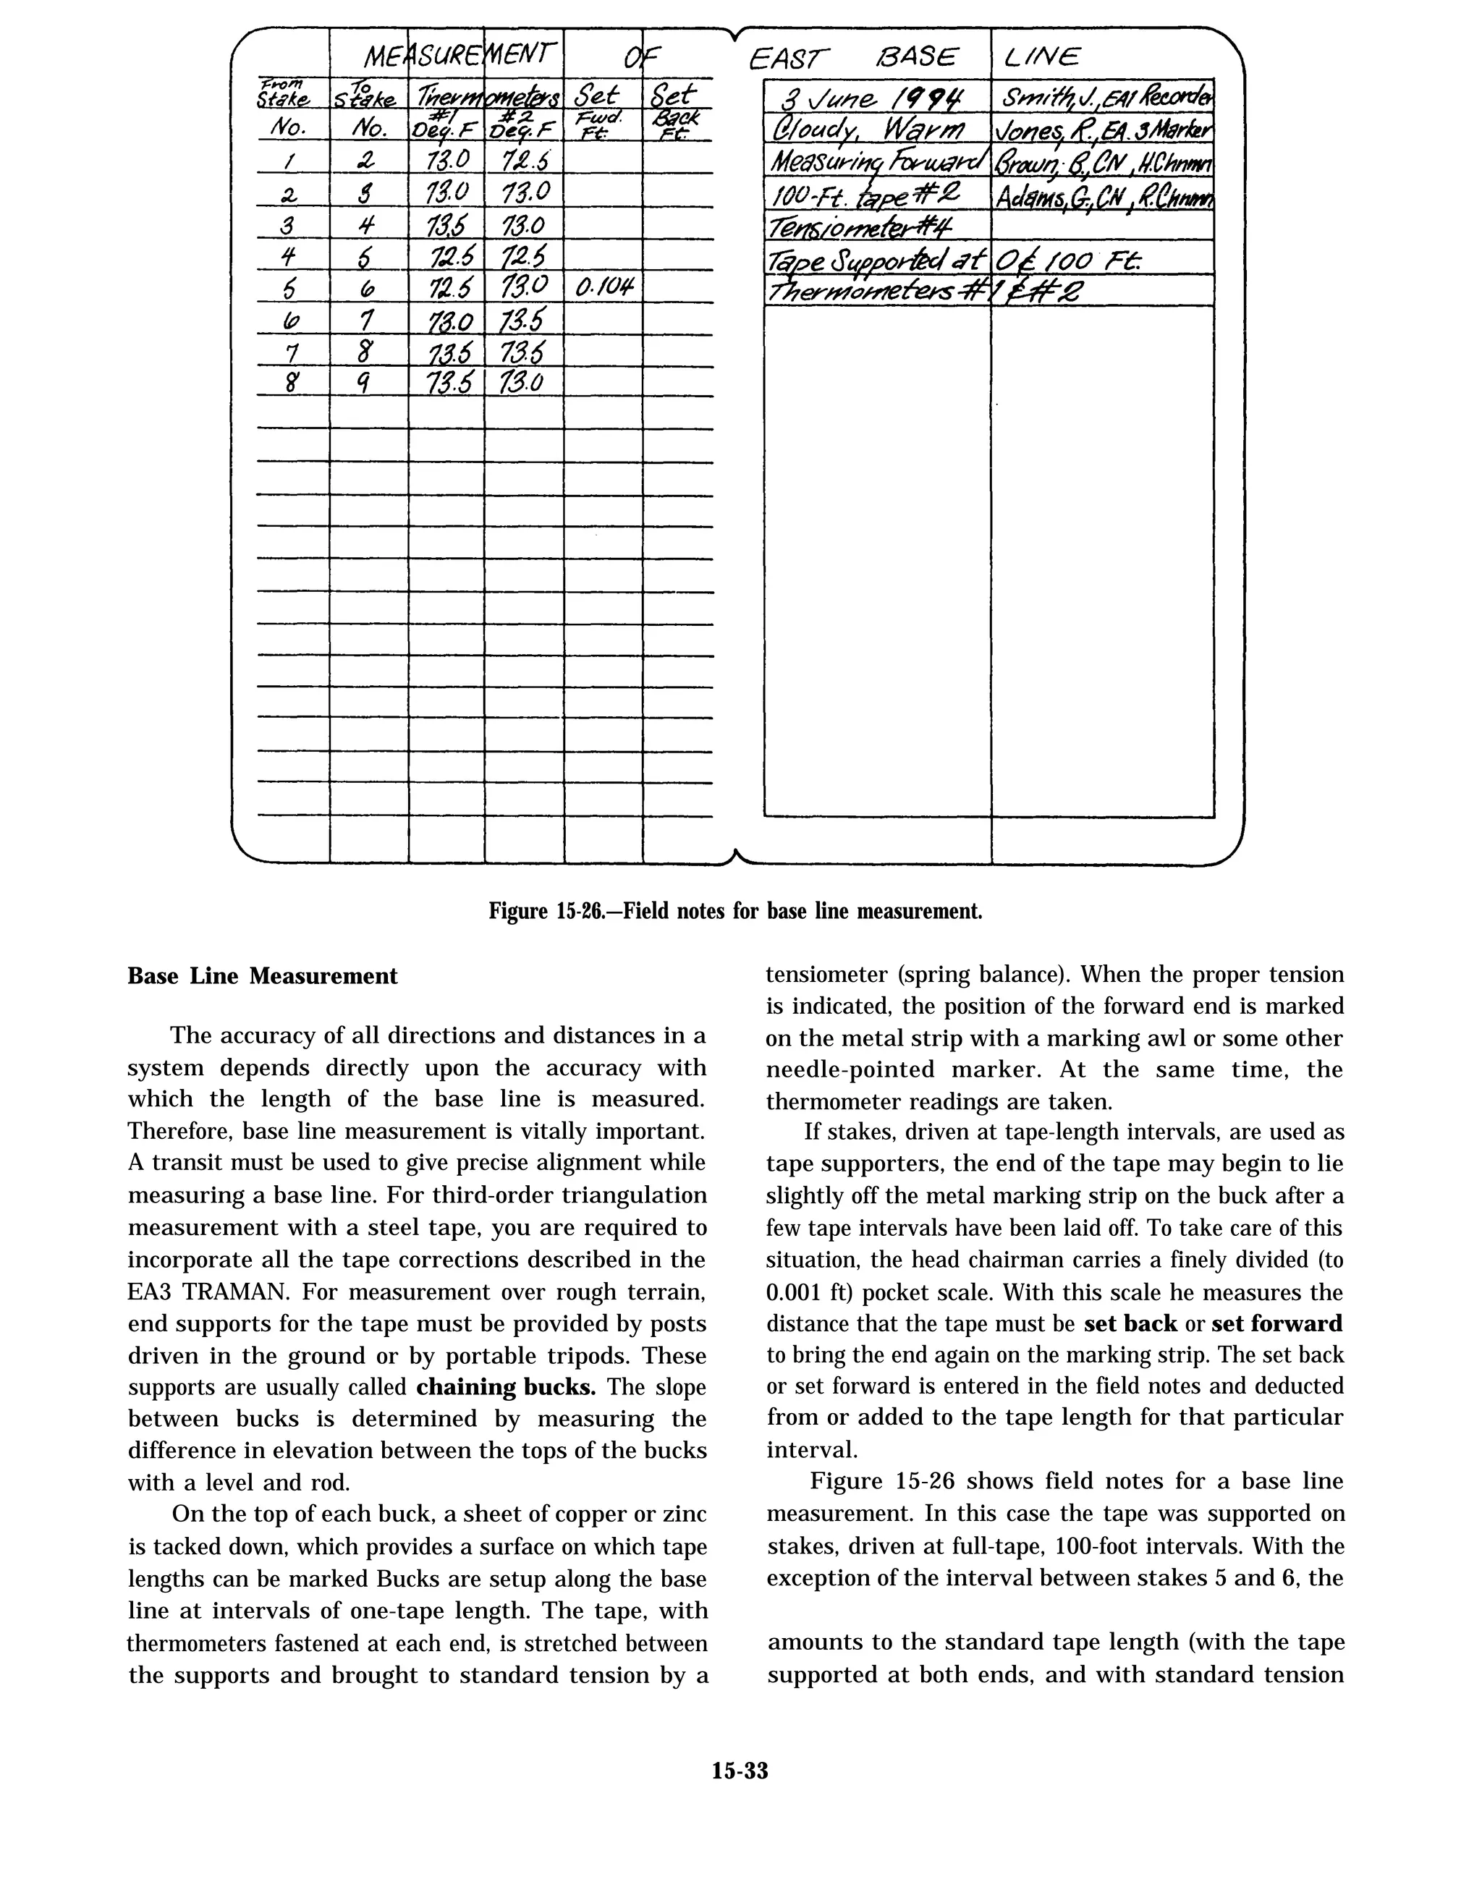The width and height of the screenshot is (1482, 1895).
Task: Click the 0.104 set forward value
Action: click(x=602, y=287)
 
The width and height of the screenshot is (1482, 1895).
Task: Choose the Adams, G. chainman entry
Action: click(x=1104, y=198)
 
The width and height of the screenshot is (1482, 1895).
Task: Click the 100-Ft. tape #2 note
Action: click(x=868, y=196)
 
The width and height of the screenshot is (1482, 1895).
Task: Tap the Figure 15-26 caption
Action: click(x=735, y=912)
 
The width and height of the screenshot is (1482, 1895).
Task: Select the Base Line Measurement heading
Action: click(x=262, y=976)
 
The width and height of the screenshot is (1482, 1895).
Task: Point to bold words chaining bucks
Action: click(x=506, y=1387)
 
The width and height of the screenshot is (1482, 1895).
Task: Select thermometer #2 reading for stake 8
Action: click(x=522, y=382)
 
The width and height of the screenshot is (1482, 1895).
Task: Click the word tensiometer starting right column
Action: click(x=825, y=975)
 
